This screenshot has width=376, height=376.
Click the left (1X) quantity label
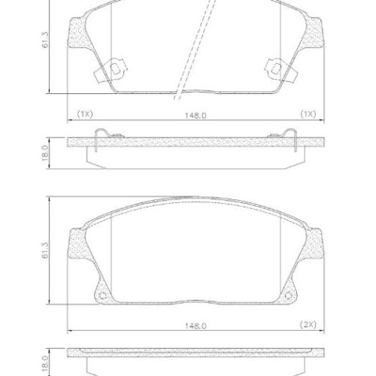click(x=84, y=114)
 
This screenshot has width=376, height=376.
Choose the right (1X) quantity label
click(x=307, y=114)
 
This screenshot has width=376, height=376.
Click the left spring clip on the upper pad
click(x=109, y=71)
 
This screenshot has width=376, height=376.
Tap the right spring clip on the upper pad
click(x=275, y=71)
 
